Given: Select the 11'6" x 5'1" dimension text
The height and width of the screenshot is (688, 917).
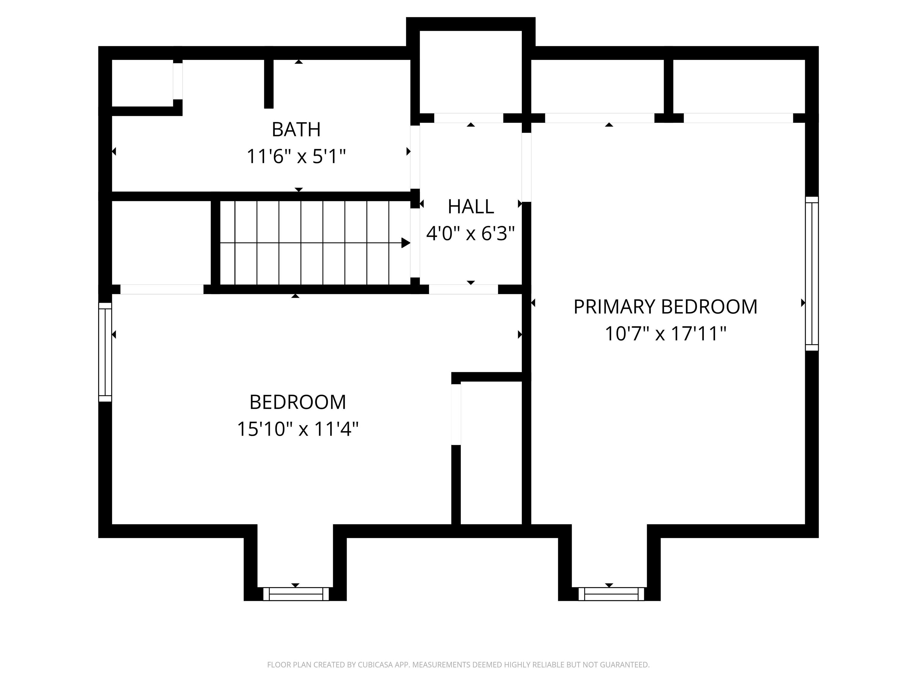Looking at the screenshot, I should [x=296, y=157].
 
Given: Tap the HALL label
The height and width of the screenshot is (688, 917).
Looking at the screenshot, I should [x=470, y=207].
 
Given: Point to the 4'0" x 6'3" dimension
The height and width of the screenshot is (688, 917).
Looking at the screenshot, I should [x=470, y=234].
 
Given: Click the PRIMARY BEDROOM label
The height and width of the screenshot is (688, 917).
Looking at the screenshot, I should [x=665, y=307].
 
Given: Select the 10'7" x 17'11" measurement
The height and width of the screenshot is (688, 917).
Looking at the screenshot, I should [x=665, y=334].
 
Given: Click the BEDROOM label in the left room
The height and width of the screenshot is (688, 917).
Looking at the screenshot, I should [x=298, y=402].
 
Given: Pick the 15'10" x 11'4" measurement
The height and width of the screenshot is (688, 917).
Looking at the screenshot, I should [x=298, y=429].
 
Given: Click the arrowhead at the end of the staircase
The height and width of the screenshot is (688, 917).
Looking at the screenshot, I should [x=405, y=243].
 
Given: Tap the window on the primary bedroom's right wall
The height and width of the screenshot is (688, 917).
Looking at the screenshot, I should [x=812, y=274].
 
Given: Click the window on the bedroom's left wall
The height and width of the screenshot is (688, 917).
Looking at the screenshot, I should [x=105, y=352].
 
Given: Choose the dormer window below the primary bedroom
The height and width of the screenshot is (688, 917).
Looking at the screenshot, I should [x=611, y=594].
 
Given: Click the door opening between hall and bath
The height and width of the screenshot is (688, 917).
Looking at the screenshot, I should [x=415, y=157].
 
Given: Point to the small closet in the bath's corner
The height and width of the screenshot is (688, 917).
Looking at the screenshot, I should [x=142, y=83].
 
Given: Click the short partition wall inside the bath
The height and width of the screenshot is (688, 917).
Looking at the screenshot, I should [x=269, y=83].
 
